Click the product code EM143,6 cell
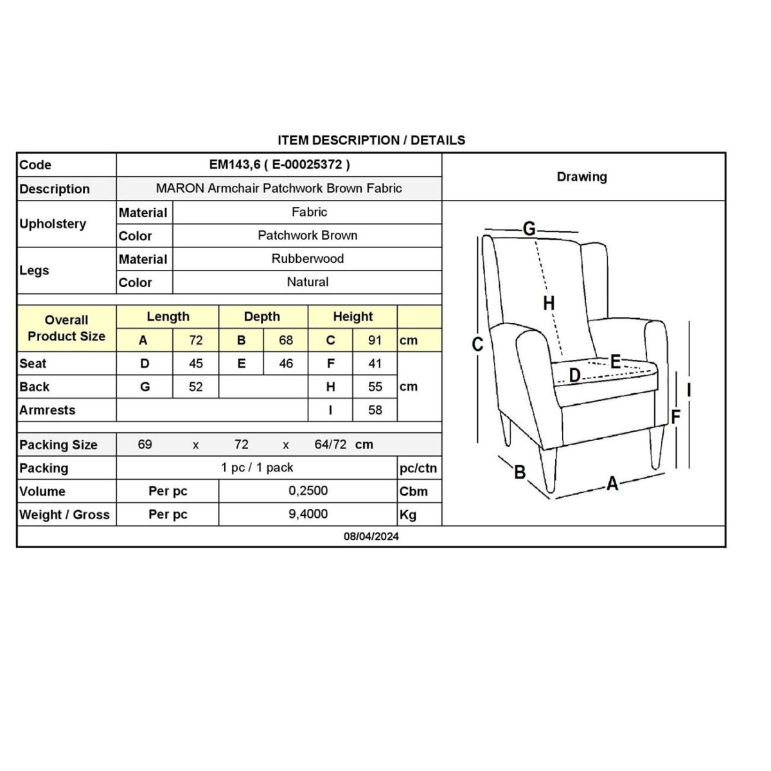pyautogui.click(x=279, y=164)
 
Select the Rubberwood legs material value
pyautogui.click(x=307, y=258)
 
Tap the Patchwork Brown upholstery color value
pyautogui.click(x=307, y=235)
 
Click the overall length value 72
pyautogui.click(x=196, y=341)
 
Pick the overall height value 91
pyautogui.click(x=375, y=341)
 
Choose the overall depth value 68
pyautogui.click(x=286, y=341)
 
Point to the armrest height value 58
pyautogui.click(x=375, y=410)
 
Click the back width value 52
pyautogui.click(x=196, y=387)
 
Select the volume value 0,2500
pyautogui.click(x=308, y=491)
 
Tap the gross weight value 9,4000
pyautogui.click(x=308, y=514)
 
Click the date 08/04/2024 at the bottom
pyautogui.click(x=371, y=536)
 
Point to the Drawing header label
pyautogui.click(x=581, y=177)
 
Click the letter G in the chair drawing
pyautogui.click(x=529, y=229)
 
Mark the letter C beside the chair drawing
pyautogui.click(x=477, y=345)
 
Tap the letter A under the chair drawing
pyautogui.click(x=612, y=483)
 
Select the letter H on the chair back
pyautogui.click(x=548, y=303)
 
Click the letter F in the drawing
pyautogui.click(x=675, y=417)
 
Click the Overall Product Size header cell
pyautogui.click(x=66, y=328)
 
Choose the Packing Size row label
pyautogui.click(x=58, y=445)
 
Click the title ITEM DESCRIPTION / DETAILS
pyautogui.click(x=371, y=140)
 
